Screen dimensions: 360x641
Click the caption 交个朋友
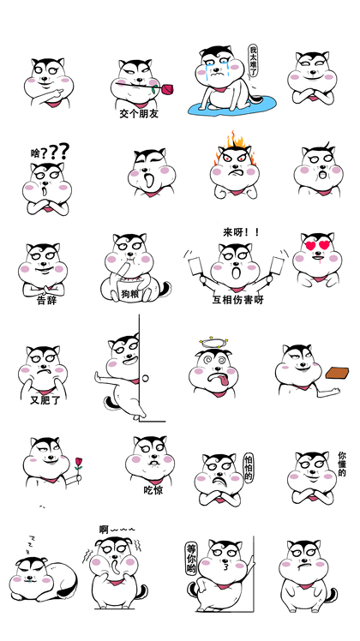139,114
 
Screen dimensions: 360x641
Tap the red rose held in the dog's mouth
166,89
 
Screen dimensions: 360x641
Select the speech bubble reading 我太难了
254,62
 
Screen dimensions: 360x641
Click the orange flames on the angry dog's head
235,149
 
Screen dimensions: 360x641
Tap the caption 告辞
46,301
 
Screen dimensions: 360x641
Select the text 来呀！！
241,232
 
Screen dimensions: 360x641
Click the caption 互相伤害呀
237,300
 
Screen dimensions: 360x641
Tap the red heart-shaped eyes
317,245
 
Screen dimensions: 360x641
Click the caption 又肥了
45,400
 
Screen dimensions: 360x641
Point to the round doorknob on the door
145,378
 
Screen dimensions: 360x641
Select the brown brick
337,373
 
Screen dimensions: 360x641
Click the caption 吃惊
153,489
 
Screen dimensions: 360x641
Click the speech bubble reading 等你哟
191,559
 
